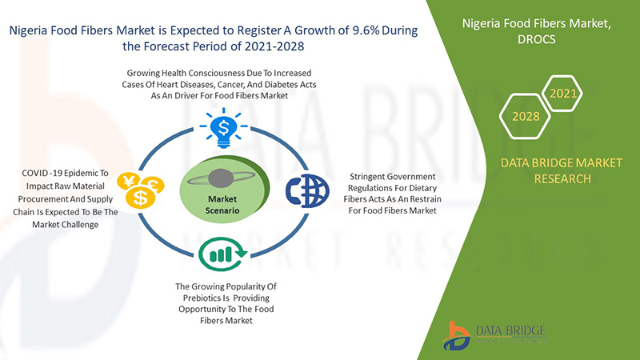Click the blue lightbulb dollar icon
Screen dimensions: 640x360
[x=224, y=128]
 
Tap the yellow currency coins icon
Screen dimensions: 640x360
[x=141, y=190]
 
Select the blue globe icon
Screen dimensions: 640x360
[x=307, y=190]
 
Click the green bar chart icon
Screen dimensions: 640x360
[x=222, y=254]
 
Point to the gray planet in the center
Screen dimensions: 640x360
[x=221, y=178]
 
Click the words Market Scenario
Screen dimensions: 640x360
[x=222, y=205]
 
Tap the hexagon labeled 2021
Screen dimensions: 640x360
[x=563, y=94]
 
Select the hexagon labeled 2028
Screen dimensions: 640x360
[x=526, y=116]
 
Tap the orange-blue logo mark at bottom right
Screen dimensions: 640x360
[x=457, y=336]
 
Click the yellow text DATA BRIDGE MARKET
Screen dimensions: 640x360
[x=562, y=163]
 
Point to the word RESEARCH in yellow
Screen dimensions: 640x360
[x=562, y=178]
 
